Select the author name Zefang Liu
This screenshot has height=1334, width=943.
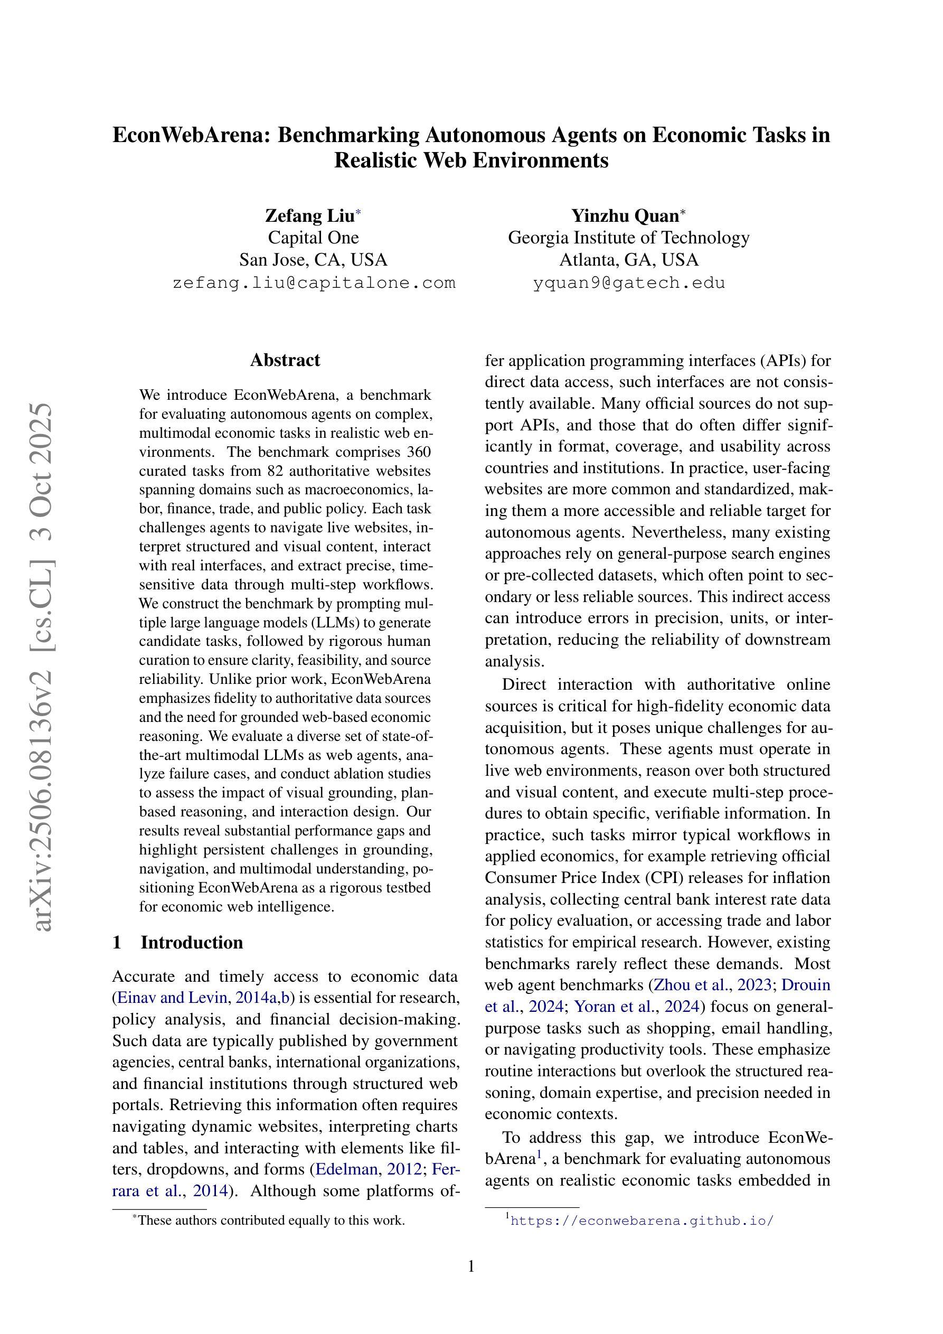[310, 215]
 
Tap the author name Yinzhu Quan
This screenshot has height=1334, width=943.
[625, 215]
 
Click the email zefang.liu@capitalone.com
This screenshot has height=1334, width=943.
[314, 283]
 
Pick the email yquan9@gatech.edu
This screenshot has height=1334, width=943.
[629, 283]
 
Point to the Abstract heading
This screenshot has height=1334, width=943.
[285, 360]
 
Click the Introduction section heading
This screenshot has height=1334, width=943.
[191, 942]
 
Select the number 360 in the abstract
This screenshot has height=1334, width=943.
[418, 452]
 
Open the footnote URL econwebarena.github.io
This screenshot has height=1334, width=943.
[642, 1220]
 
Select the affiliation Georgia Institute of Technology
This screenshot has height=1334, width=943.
[629, 238]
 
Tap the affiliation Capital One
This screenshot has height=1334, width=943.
[313, 238]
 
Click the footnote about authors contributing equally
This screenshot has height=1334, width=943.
[271, 1220]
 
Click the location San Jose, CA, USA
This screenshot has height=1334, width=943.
[313, 260]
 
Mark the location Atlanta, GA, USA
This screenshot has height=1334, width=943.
[629, 260]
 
